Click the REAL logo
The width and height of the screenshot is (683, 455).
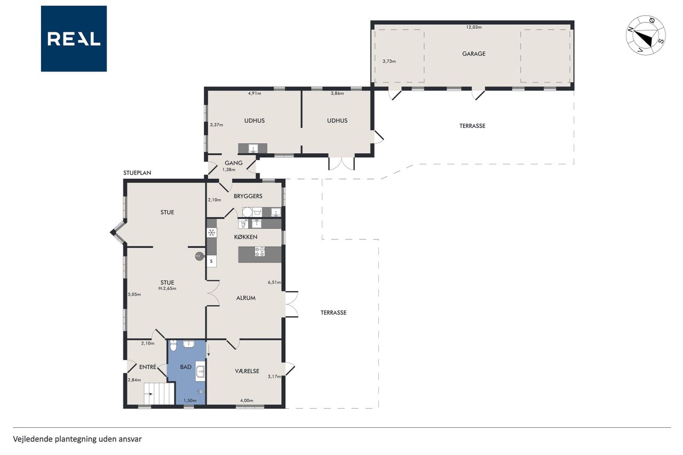(x=74, y=39)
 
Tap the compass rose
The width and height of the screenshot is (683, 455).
(x=646, y=36)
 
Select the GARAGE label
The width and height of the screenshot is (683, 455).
(x=473, y=54)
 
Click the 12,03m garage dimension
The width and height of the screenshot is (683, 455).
(x=474, y=27)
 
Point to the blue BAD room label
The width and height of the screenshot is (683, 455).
(x=186, y=367)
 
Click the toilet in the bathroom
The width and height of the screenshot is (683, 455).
(x=173, y=345)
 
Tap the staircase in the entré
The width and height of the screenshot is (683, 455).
(x=159, y=394)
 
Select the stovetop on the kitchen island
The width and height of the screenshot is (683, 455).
(x=260, y=251)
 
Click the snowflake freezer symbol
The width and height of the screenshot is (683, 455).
(x=211, y=233)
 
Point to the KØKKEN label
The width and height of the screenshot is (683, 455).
(x=246, y=237)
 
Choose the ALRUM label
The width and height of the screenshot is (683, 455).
(x=246, y=298)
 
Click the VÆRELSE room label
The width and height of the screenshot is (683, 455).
(x=247, y=371)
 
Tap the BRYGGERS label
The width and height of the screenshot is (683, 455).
(x=248, y=196)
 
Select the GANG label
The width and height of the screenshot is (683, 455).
(x=234, y=163)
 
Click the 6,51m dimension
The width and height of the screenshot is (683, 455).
(x=274, y=282)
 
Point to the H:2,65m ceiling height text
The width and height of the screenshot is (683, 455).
(x=167, y=288)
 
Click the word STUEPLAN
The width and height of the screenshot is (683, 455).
(x=137, y=173)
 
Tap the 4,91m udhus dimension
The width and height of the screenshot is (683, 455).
(x=255, y=93)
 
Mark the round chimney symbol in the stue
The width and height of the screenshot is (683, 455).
(x=199, y=256)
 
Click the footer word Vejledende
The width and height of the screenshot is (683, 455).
(x=33, y=439)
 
